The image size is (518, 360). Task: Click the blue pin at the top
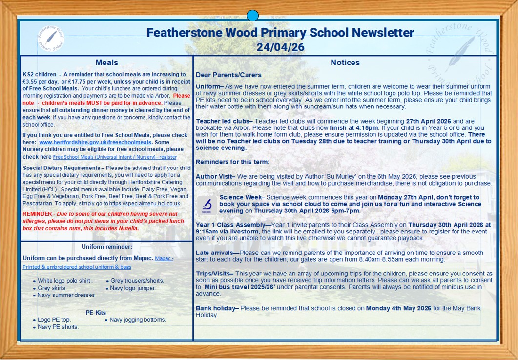[252, 16]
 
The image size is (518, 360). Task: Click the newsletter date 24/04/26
[280, 47]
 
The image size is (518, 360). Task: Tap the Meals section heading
[107, 63]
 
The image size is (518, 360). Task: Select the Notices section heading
[345, 63]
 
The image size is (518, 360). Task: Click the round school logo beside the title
[50, 37]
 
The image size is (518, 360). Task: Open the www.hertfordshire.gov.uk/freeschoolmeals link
[79, 142]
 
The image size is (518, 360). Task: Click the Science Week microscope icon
[207, 205]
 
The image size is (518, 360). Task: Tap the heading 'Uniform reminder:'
[107, 247]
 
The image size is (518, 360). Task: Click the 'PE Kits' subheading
[96, 313]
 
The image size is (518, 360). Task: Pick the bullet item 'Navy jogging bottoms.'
[138, 320]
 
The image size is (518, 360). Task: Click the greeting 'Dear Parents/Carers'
[228, 75]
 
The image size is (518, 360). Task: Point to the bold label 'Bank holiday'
[216, 308]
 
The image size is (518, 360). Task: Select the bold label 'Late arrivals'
[217, 253]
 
